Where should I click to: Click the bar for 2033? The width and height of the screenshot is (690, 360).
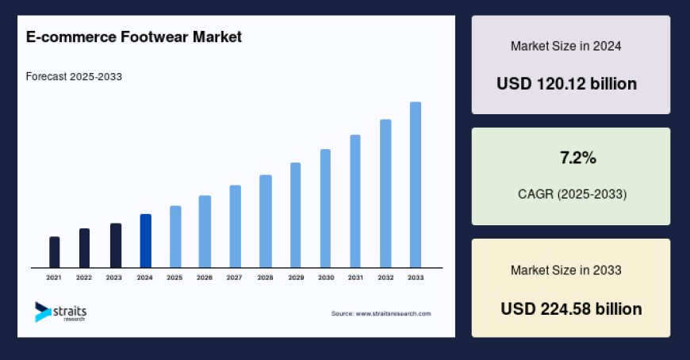pos(415,185)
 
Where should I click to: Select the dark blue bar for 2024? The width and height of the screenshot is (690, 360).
pos(145,241)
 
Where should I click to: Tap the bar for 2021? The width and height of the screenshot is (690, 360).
pos(54,252)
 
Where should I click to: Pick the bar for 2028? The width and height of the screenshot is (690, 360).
pos(266,221)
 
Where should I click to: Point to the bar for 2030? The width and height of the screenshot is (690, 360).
pos(325,209)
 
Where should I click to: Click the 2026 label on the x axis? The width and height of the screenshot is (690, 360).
pos(205,278)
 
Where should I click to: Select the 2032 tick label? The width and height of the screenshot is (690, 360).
pos(385,278)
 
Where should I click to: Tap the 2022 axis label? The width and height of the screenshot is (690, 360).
pos(84,278)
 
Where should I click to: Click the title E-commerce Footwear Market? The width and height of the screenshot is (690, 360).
pos(134,36)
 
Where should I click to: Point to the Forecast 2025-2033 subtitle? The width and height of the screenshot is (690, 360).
pos(74,76)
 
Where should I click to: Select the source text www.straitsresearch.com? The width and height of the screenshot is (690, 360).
pos(381,314)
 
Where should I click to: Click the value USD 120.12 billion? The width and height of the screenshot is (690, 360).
pos(567,83)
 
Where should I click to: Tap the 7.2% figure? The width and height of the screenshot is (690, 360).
pos(578,159)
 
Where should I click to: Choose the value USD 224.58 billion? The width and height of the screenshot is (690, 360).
pos(571,308)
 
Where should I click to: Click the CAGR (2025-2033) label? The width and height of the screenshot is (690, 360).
pos(570,193)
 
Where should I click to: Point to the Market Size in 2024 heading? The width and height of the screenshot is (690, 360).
pos(565,46)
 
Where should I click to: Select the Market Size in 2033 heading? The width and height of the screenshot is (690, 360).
pos(565,270)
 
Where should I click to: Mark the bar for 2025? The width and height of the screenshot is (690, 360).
pos(175,236)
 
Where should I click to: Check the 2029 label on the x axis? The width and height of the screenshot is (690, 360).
pos(295,278)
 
